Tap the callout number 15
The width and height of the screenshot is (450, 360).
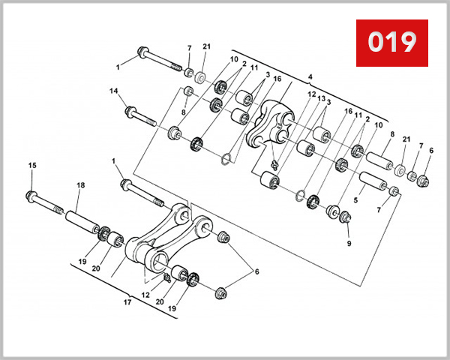click(x=31, y=165)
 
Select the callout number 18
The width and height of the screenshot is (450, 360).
click(x=79, y=185)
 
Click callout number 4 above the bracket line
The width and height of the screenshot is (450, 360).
click(x=309, y=76)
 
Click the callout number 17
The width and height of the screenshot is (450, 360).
click(x=127, y=304)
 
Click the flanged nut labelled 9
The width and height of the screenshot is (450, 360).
click(x=346, y=218)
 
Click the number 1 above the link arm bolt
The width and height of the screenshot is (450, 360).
click(x=113, y=161)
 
